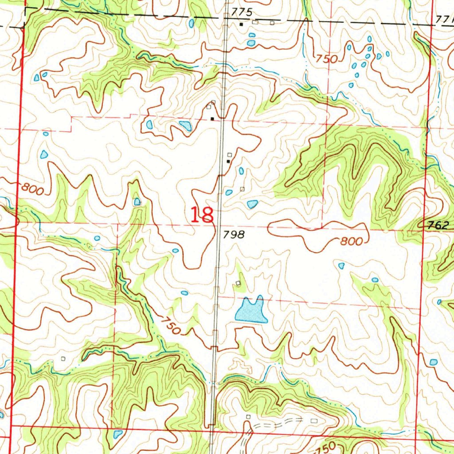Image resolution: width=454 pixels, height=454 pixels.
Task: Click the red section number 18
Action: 203,215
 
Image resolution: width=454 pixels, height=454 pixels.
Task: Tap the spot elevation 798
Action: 234,235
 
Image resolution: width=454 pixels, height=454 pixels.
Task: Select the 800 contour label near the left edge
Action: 32,189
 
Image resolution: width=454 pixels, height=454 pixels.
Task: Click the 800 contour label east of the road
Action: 352,242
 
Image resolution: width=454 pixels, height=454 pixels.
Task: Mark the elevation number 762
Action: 438,225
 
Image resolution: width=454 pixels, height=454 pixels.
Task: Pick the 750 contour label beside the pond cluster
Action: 327,59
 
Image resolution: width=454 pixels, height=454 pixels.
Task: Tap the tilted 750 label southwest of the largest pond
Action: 171,325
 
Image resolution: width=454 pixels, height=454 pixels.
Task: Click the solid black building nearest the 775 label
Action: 241,24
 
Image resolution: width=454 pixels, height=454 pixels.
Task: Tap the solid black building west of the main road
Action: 212,119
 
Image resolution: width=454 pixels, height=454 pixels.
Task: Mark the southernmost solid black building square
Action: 229,162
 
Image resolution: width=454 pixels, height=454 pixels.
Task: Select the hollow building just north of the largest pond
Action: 238,283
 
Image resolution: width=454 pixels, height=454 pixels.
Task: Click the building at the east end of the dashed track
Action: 314,419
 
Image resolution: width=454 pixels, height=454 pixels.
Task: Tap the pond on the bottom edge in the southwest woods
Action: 117,434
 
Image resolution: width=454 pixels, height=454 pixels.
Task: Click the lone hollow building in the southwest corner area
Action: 63,358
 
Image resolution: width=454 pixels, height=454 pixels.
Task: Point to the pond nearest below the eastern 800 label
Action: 341,266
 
